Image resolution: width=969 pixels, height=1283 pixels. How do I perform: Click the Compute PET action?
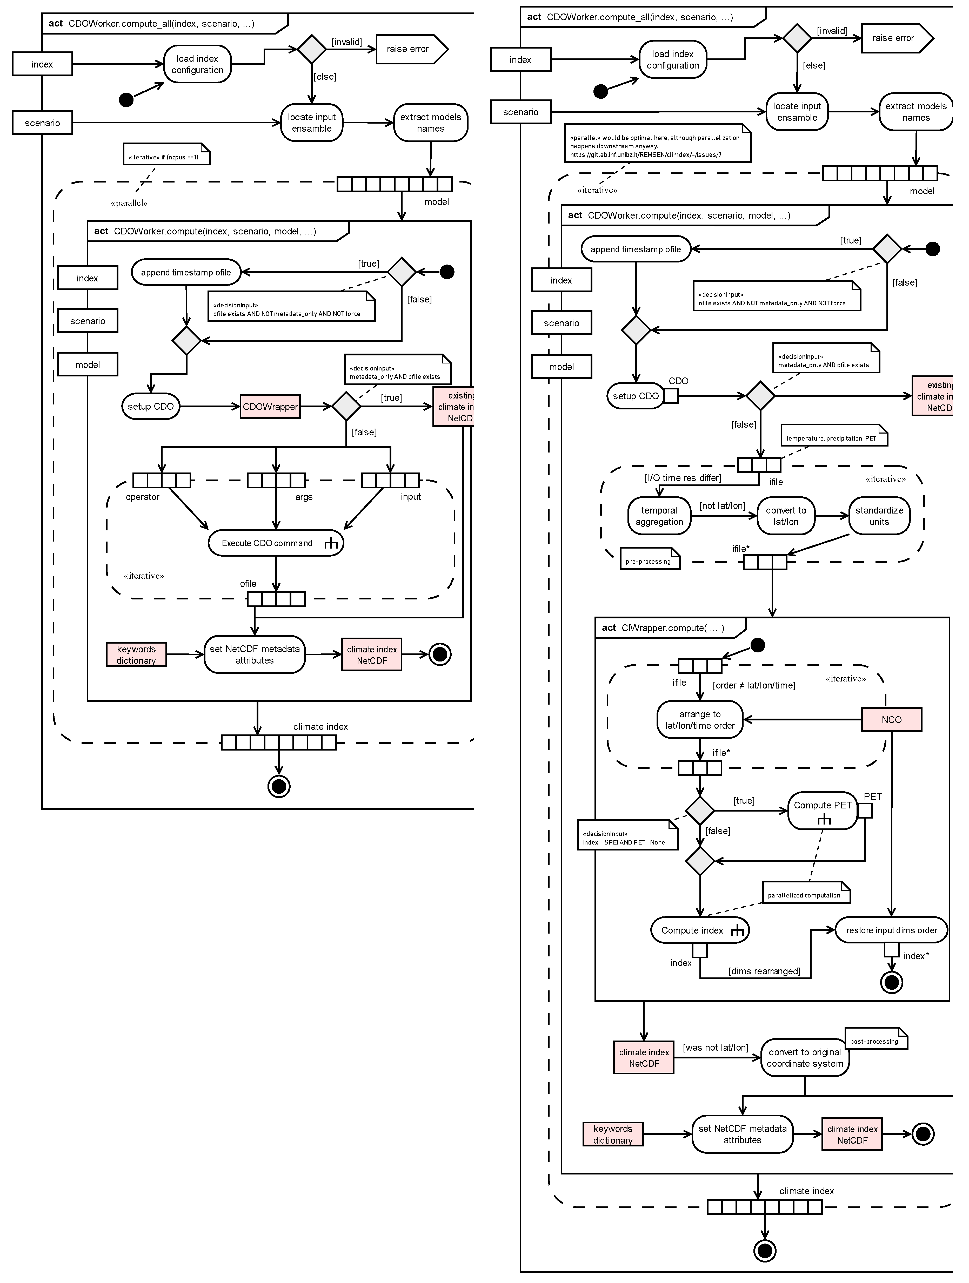pyautogui.click(x=822, y=810)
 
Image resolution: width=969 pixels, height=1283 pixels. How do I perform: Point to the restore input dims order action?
pyautogui.click(x=891, y=930)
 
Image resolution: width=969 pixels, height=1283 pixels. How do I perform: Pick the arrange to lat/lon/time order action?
pyautogui.click(x=700, y=720)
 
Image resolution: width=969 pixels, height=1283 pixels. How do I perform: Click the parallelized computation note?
pyautogui.click(x=805, y=895)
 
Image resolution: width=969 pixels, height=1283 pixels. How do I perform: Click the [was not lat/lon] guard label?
pyautogui.click(x=716, y=1048)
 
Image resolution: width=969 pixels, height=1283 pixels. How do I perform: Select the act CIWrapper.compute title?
pyautogui.click(x=663, y=627)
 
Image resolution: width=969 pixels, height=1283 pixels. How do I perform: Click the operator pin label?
pyautogui.click(x=142, y=497)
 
